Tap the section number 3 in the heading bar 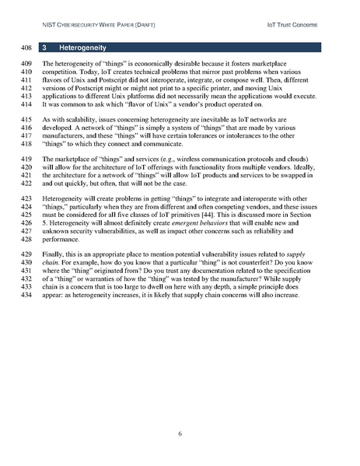pos(46,48)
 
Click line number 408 pos(23,48)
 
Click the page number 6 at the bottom pos(180,433)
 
